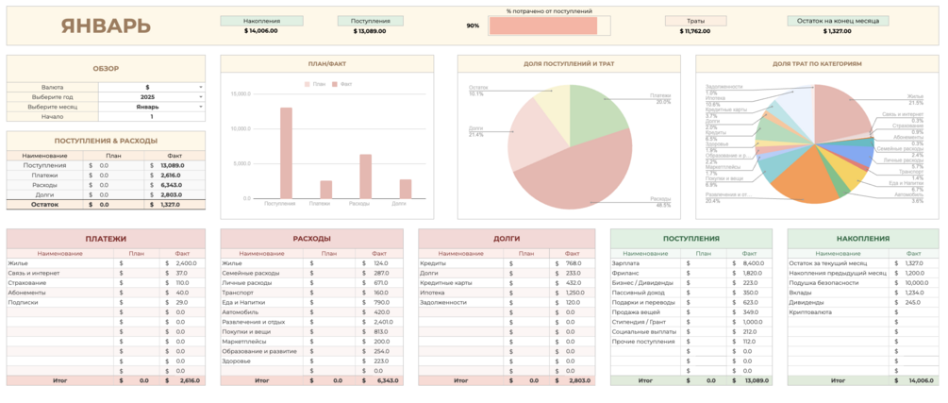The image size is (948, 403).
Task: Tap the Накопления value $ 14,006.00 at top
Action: coord(260,31)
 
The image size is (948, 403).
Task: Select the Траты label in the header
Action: coord(696,20)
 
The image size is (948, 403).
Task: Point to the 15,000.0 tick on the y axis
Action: coord(240,94)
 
